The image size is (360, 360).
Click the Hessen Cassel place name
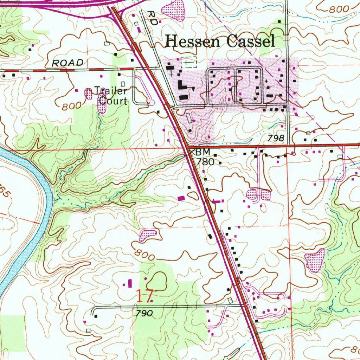coord(220,41)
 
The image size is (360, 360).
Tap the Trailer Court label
coord(112,96)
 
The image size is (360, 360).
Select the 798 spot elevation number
coord(275,139)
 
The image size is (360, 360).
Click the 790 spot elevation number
coord(144,313)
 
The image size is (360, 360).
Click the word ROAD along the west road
coord(67,63)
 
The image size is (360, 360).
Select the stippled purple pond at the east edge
coord(315,261)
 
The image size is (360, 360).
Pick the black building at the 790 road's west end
coord(96,316)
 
